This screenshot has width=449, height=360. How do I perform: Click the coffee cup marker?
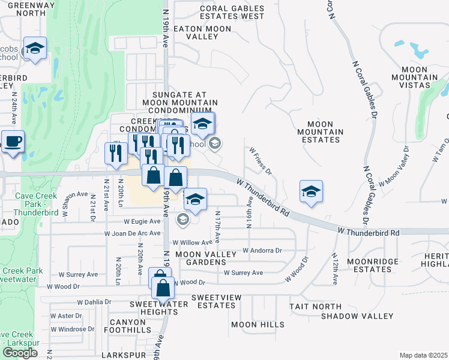(13, 143)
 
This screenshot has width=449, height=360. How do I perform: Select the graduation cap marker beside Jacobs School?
(35, 50)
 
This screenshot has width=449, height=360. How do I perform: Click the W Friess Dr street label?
(261, 160)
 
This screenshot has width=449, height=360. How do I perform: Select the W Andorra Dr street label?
(262, 250)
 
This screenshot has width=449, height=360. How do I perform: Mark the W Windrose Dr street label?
(73, 329)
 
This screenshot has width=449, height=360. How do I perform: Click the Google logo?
(20, 352)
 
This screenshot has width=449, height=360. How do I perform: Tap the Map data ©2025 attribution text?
(423, 355)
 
